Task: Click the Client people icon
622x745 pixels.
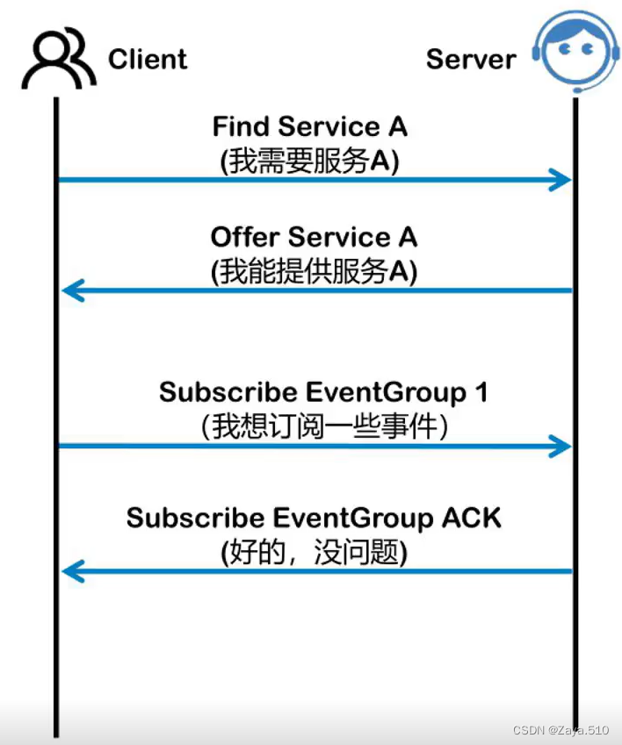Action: click(59, 59)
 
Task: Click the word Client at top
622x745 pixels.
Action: click(148, 60)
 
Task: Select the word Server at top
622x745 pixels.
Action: click(471, 60)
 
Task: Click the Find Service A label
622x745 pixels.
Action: click(310, 126)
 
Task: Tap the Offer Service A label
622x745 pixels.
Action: click(314, 237)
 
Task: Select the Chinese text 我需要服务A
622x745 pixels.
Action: click(311, 161)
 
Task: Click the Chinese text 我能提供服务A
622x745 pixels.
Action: click(314, 272)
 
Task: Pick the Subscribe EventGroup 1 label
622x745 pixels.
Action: click(323, 391)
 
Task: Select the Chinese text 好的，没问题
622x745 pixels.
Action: click(315, 553)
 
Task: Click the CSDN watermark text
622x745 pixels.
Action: click(561, 728)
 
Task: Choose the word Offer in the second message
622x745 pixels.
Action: click(245, 237)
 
